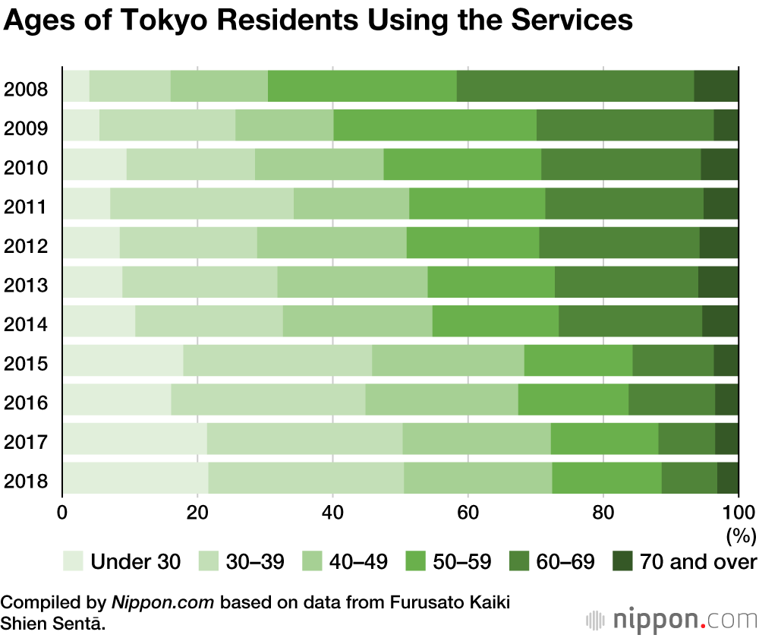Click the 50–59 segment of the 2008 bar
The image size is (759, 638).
click(362, 86)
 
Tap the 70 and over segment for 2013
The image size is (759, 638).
click(718, 282)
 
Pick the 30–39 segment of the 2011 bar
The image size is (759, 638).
click(202, 203)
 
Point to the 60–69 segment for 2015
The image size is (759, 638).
click(673, 360)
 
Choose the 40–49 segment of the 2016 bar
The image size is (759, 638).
click(442, 400)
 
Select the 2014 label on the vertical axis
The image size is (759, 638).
click(27, 325)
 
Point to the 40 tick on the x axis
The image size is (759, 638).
click(332, 511)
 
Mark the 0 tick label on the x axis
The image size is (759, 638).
click(62, 511)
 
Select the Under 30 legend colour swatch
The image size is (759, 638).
click(72, 562)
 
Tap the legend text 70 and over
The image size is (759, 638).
click(698, 562)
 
